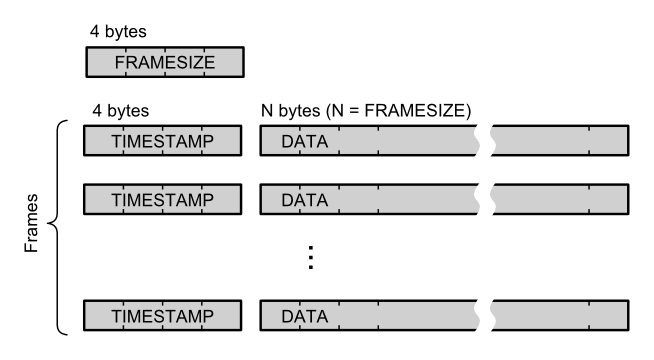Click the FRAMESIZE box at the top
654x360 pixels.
tap(164, 63)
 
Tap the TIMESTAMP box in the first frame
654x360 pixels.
tap(164, 142)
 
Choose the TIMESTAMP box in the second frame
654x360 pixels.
tap(164, 200)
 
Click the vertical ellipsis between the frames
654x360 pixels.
tap(311, 258)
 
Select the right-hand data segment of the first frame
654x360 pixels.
tap(560, 142)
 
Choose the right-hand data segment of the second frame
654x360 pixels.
tap(560, 200)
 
